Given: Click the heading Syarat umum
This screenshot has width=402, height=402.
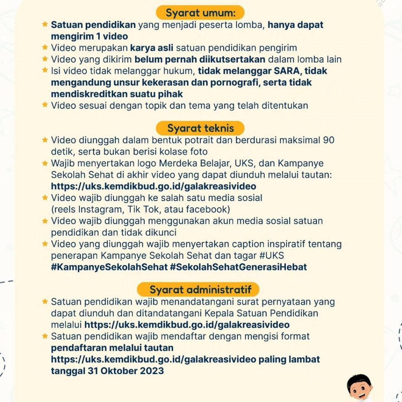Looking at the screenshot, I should (200, 13).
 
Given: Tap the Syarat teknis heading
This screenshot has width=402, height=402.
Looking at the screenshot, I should (200, 128).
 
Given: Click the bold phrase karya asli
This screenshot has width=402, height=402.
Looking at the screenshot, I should (152, 48).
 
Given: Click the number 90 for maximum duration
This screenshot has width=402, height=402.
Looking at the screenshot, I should (329, 140).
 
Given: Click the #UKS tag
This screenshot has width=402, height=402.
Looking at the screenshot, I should (272, 256).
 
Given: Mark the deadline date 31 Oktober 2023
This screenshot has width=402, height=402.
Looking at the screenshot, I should (126, 371).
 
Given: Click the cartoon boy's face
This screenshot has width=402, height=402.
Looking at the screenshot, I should (360, 388).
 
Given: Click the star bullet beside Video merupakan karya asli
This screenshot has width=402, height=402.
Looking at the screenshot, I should (45, 48).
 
